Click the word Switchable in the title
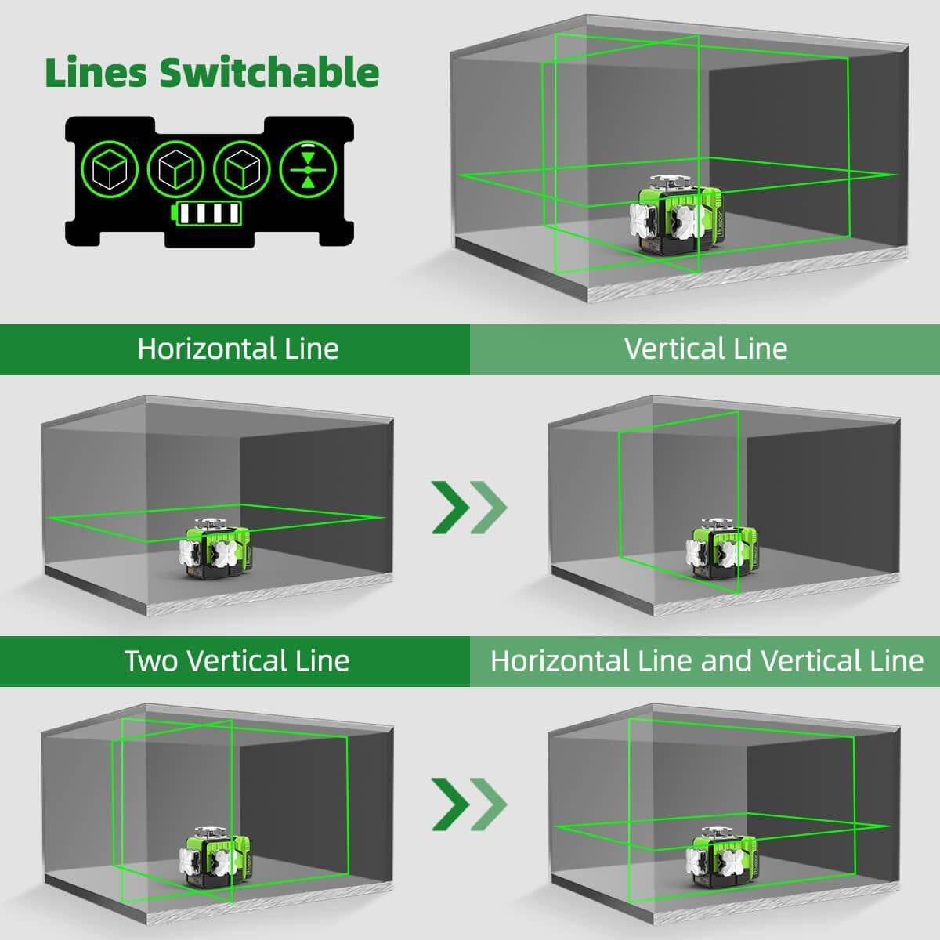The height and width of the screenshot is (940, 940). click(x=269, y=72)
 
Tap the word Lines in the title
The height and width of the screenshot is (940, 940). click(x=96, y=72)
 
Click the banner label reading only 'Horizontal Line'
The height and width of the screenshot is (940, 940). click(x=238, y=349)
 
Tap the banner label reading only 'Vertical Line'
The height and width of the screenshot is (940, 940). click(x=706, y=349)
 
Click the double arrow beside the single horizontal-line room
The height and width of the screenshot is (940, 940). click(x=469, y=507)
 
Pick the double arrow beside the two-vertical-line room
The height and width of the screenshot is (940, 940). click(x=469, y=803)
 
